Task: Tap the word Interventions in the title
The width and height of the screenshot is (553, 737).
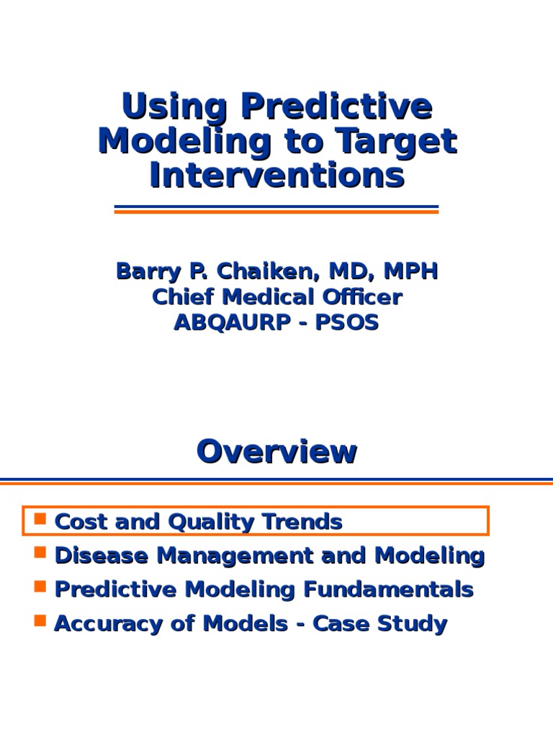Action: pos(276,176)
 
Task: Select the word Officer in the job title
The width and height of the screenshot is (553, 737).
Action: pos(360,297)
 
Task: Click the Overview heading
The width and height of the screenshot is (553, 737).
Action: pos(276,452)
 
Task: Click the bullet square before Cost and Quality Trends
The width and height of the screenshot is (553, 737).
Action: pos(40,519)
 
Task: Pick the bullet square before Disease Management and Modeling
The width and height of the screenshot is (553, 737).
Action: pos(40,553)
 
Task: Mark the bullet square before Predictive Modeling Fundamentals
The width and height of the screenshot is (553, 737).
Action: pos(40,587)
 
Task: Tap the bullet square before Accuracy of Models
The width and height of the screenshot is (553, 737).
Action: pos(40,620)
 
